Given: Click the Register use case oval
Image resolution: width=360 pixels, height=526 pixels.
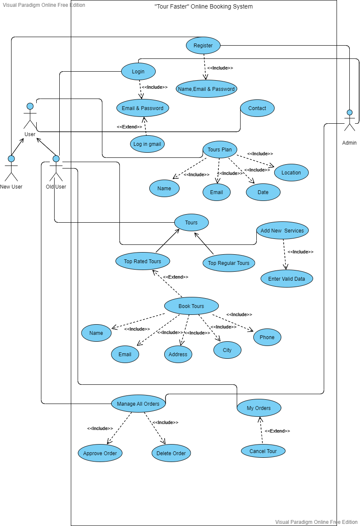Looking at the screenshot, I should pyautogui.click(x=203, y=46).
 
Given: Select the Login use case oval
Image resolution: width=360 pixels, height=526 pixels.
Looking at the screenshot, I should pyautogui.click(x=138, y=71).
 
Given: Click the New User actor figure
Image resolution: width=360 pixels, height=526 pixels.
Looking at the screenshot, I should pyautogui.click(x=11, y=168).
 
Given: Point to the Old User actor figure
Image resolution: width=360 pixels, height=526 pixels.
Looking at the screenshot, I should pyautogui.click(x=56, y=168).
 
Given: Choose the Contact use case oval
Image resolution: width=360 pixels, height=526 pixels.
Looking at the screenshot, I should pyautogui.click(x=257, y=108).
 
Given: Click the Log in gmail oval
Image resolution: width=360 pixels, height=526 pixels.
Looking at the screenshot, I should pyautogui.click(x=147, y=144).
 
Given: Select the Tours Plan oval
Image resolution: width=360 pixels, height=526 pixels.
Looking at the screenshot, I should pyautogui.click(x=220, y=150).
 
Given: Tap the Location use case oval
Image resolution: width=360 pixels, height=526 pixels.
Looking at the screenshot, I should pyautogui.click(x=291, y=173).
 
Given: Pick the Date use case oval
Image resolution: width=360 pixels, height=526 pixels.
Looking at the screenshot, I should pyautogui.click(x=263, y=192).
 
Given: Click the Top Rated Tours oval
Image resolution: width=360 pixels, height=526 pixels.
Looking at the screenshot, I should pyautogui.click(x=142, y=261).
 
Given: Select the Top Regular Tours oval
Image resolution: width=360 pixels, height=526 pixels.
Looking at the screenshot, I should pyautogui.click(x=229, y=263).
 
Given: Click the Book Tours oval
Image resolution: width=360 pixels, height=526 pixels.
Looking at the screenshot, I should pyautogui.click(x=191, y=306).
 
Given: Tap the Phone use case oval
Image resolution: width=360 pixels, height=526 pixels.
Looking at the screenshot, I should pyautogui.click(x=267, y=337).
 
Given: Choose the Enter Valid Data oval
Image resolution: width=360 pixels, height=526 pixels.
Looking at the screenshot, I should pyautogui.click(x=287, y=279).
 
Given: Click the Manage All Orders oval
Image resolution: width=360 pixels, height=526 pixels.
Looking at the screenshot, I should pyautogui.click(x=138, y=404).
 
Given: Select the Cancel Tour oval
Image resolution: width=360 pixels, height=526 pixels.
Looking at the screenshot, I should pyautogui.click(x=263, y=451).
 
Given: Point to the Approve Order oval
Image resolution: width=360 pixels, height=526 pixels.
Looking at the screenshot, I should pyautogui.click(x=100, y=453).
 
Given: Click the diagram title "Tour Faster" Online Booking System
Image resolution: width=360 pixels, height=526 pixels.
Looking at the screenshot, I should pyautogui.click(x=203, y=6).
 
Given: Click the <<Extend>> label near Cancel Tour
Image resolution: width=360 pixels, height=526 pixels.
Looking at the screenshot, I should pyautogui.click(x=277, y=431).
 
